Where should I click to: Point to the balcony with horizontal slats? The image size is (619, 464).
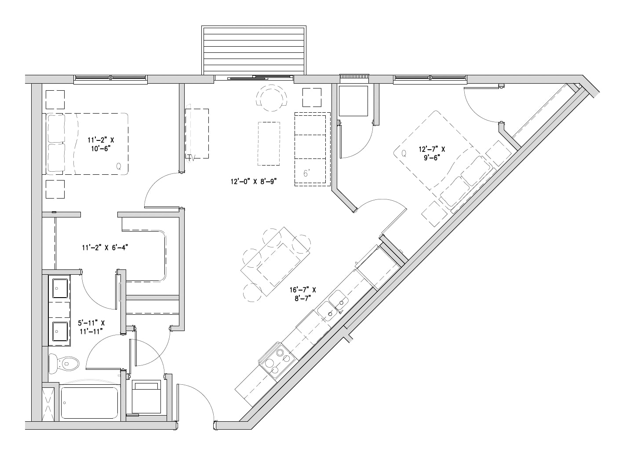[x=254, y=51]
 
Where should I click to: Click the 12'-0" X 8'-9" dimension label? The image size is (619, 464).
[x=254, y=181]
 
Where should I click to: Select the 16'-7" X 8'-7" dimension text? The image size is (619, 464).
[x=302, y=294]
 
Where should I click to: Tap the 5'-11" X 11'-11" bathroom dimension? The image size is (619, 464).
[x=91, y=327]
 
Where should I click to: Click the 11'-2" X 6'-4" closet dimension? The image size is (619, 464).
[x=105, y=248]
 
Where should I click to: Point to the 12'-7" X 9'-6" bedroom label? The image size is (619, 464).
[x=432, y=153]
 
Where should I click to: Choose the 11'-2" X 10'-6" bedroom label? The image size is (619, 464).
[x=101, y=144]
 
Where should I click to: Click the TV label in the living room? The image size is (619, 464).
[x=191, y=158]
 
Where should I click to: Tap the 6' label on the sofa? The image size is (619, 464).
[x=307, y=173]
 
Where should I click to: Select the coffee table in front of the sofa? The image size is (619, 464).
[x=269, y=144]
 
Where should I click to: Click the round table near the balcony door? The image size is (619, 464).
[x=272, y=98]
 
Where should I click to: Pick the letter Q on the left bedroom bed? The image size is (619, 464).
[x=119, y=167]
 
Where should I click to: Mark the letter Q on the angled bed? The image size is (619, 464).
[x=404, y=154]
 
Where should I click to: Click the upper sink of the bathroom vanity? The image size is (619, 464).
[x=60, y=288]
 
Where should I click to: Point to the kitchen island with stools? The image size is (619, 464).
[x=275, y=261]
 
